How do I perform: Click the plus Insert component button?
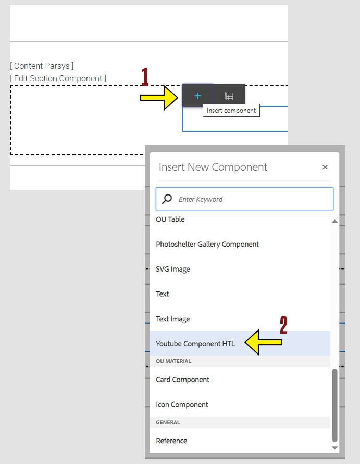(197, 96)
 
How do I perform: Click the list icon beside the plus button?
(229, 96)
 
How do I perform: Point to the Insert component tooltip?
(231, 111)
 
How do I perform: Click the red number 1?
(145, 78)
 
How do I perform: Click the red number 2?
(283, 325)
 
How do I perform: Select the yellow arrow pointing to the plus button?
(159, 97)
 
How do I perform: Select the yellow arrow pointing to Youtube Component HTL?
(263, 343)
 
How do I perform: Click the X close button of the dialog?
(325, 167)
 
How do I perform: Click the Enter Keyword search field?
(250, 199)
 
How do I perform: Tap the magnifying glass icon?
(167, 199)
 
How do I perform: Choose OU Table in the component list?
(170, 220)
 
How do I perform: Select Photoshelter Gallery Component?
(207, 244)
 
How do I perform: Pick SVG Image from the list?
(173, 269)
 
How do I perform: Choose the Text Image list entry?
(173, 319)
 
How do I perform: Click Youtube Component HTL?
(195, 344)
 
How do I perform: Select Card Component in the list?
(182, 380)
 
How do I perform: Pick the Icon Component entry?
(182, 405)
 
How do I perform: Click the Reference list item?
(171, 441)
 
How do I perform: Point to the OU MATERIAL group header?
(174, 361)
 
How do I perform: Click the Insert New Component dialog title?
(213, 167)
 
